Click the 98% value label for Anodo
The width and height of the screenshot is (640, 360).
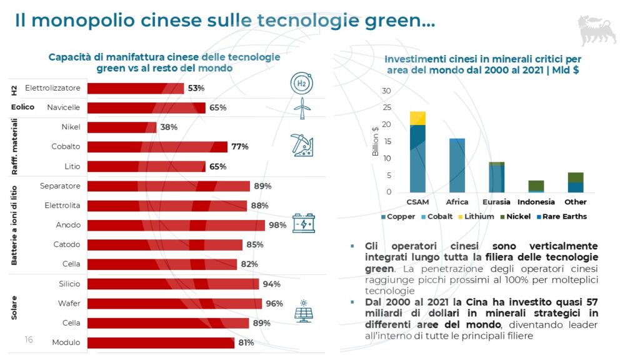[x=277, y=225]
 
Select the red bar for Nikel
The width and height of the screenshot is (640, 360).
[x=122, y=127]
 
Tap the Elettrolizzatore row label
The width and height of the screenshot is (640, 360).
[x=52, y=88]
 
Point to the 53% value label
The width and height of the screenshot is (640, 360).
[x=196, y=88]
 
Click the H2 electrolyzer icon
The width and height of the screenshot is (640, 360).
[x=302, y=83]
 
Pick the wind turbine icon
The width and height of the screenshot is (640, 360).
[x=302, y=108]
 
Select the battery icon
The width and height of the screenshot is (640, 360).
[x=304, y=223]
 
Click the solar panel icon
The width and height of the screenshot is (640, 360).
[x=304, y=311]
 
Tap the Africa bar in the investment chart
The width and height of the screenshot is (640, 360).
[x=457, y=165]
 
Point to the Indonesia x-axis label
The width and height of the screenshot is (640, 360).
[x=536, y=202]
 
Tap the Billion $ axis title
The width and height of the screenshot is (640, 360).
[x=376, y=141]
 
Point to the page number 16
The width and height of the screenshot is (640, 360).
[x=29, y=339]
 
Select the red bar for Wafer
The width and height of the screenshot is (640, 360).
[x=174, y=304]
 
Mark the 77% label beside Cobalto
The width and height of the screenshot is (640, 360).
[x=240, y=147]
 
